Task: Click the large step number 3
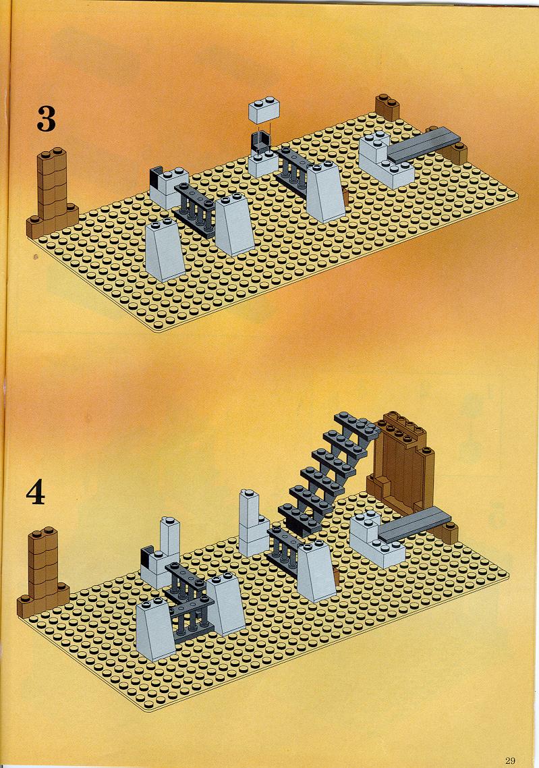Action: (x=46, y=119)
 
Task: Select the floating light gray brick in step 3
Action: (x=264, y=110)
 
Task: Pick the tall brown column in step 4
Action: (x=42, y=571)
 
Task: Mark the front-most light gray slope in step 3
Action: (x=165, y=250)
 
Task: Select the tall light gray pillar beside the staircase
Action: (x=254, y=522)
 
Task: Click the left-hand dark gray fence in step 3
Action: (x=195, y=210)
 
